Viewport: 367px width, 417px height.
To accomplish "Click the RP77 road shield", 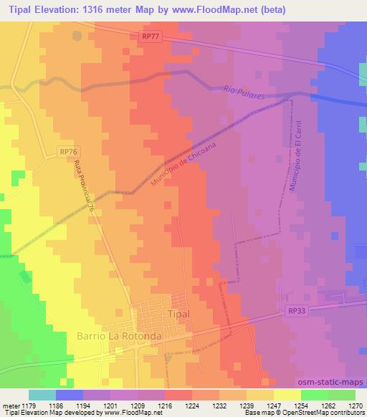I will (149, 36).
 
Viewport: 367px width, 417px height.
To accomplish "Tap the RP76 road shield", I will (68, 152).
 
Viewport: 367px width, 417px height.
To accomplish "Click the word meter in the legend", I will (9, 404).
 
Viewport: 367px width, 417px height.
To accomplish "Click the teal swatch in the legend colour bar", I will (42, 395).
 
